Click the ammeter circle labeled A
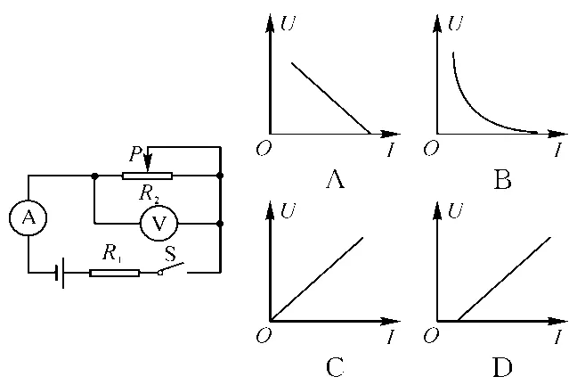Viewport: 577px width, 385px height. (x=28, y=217)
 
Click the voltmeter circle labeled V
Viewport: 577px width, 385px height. (x=159, y=224)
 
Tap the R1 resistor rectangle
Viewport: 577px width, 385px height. (x=115, y=273)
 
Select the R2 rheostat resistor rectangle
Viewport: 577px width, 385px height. (x=147, y=176)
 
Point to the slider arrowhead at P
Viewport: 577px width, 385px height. (x=147, y=163)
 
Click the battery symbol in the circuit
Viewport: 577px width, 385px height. (x=60, y=273)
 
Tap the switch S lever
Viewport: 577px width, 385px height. (x=171, y=268)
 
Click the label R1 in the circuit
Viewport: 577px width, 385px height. (x=111, y=253)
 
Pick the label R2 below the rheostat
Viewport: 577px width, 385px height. (x=150, y=193)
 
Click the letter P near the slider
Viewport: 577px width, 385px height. (x=135, y=153)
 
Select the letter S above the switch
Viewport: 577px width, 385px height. (x=170, y=253)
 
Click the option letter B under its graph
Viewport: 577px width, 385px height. (x=502, y=181)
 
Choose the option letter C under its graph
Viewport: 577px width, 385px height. (x=335, y=367)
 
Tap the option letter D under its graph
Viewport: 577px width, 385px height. (x=502, y=367)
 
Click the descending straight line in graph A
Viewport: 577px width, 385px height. (x=331, y=98)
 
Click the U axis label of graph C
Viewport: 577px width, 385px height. (x=288, y=210)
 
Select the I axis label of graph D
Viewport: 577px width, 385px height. (x=558, y=336)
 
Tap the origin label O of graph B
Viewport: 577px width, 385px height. (x=431, y=149)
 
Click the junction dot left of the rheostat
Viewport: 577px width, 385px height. (x=94, y=176)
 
